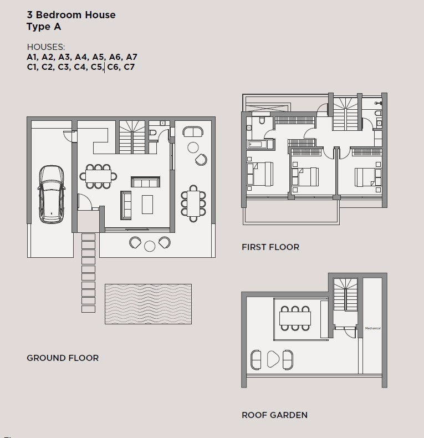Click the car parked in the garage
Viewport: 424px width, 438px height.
point(52,194)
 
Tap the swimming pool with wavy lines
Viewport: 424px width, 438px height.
point(149,304)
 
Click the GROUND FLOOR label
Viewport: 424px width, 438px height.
point(63,358)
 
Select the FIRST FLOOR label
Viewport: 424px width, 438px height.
point(270,247)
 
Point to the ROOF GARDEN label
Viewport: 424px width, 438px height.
point(274,415)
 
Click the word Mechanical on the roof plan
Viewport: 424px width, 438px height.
point(373,328)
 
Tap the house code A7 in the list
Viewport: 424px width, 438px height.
point(131,57)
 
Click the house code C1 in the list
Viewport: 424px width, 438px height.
point(33,67)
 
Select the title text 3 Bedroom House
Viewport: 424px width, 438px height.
point(71,15)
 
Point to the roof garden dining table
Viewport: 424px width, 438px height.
point(295,318)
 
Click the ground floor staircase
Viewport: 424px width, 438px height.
point(132,137)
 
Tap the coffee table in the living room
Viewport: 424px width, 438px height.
point(147,205)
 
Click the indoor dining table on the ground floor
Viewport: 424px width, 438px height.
point(98,176)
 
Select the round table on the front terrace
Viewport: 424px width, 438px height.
point(150,246)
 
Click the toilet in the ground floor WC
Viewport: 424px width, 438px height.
point(153,133)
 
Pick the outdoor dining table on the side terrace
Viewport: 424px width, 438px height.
point(193,203)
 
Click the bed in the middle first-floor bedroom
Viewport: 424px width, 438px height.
point(305,176)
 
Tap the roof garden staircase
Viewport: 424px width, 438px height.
point(346,294)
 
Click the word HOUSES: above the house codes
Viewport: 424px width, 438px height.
point(46,47)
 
